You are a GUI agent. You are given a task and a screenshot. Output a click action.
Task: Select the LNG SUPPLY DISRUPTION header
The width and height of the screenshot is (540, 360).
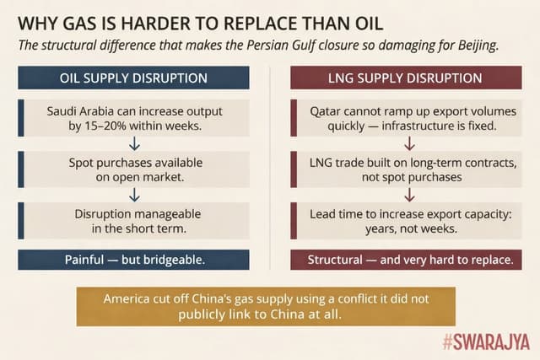point(404,78)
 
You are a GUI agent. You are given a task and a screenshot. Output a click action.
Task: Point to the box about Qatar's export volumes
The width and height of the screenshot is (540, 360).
point(405,118)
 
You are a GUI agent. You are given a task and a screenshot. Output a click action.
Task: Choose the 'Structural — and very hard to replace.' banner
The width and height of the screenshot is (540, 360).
point(404,260)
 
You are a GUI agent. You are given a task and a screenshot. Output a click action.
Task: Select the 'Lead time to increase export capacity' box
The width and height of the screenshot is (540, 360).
point(405,220)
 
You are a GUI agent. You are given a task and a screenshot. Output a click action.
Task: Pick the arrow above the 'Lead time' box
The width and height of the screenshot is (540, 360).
point(408,195)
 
